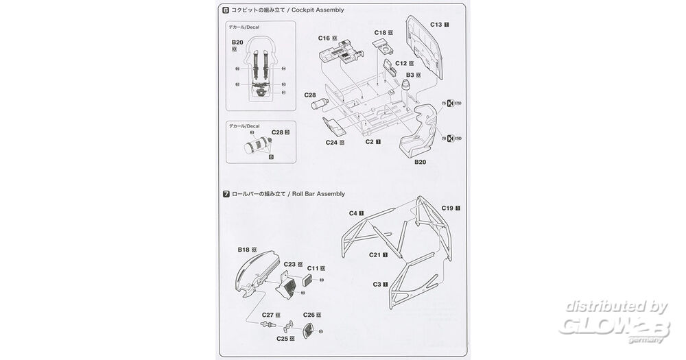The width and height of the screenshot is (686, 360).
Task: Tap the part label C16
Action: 324,38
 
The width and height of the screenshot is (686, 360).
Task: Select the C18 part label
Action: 381,32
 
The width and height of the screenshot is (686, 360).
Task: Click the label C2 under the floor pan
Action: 369,142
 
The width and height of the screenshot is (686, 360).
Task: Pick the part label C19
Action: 447,207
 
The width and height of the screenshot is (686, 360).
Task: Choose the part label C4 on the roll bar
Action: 353,213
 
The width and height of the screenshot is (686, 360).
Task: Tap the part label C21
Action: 375,254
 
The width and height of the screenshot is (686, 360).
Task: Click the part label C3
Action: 377,284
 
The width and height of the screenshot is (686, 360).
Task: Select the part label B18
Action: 244,250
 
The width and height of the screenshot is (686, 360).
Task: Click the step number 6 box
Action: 226,11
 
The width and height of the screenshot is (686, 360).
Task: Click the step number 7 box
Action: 226,195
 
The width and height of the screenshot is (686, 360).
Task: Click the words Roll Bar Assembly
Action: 318,195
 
